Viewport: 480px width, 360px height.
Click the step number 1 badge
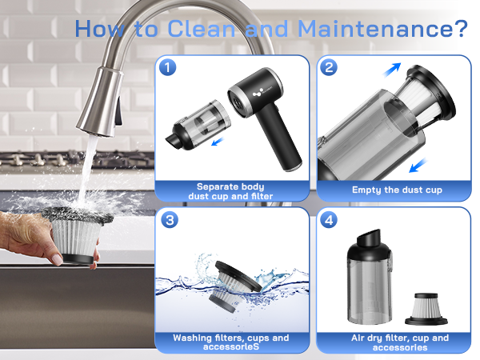tap(168, 67)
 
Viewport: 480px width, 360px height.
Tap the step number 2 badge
tap(329, 67)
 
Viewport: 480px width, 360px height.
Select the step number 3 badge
tap(168, 219)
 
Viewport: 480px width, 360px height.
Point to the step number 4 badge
tap(329, 219)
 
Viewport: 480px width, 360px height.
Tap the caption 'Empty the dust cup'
tap(396, 190)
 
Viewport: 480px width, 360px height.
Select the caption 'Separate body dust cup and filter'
tap(231, 190)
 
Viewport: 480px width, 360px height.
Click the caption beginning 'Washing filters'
tap(231, 342)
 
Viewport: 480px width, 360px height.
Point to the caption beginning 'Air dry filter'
tap(396, 342)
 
